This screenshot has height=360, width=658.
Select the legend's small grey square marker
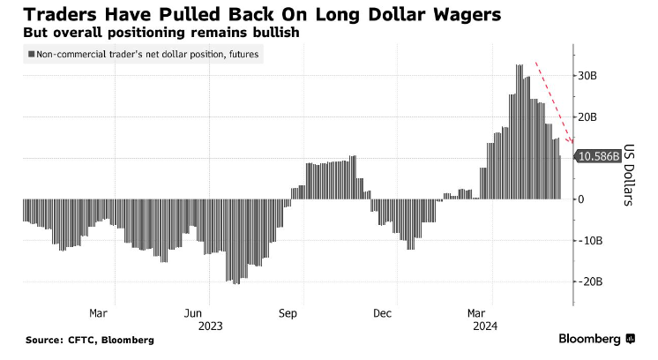32,55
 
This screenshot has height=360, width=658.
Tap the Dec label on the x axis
382,312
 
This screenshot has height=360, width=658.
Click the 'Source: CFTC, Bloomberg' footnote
89,340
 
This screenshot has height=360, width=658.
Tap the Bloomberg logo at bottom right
596,339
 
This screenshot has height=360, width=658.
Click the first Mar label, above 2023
99,312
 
